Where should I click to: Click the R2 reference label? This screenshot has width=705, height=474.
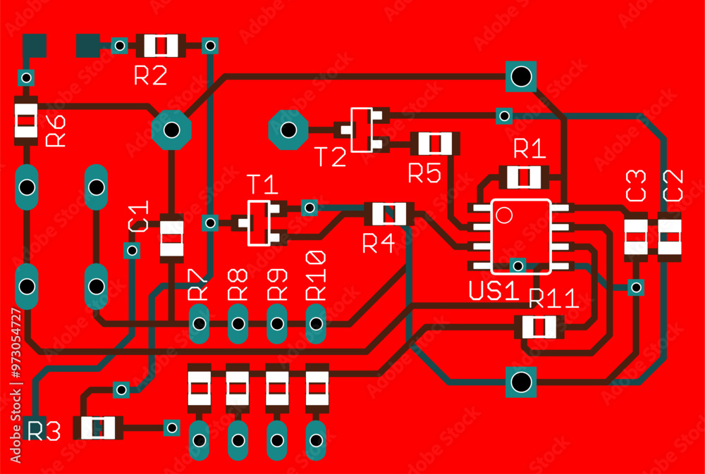[150, 76]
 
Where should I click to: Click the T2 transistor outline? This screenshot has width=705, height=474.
[362, 129]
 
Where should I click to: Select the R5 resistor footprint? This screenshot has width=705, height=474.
[435, 144]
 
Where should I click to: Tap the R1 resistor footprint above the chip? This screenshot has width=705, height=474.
[523, 176]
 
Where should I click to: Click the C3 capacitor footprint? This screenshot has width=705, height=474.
[636, 237]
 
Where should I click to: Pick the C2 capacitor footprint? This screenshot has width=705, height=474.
[670, 237]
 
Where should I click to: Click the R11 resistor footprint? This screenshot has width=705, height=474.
[539, 327]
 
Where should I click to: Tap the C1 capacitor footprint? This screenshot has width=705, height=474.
[171, 238]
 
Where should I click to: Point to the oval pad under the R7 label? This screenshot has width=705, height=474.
[200, 323]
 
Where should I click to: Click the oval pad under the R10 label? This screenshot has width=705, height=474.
[316, 323]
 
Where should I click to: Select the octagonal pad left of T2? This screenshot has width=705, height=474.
[288, 130]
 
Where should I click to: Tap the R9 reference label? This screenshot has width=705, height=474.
[278, 283]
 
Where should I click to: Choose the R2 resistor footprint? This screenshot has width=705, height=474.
[162, 46]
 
